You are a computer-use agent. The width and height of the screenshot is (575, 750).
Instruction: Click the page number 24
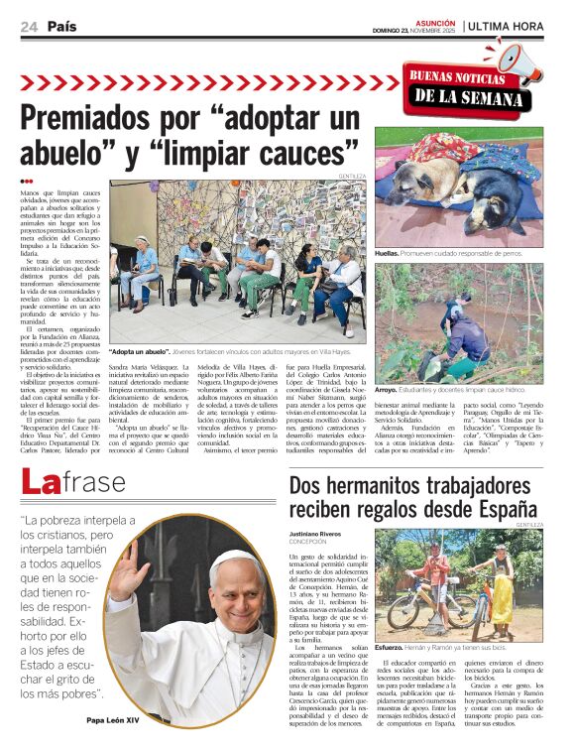(28, 27)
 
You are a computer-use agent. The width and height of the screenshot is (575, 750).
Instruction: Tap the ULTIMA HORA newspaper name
(506, 26)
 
